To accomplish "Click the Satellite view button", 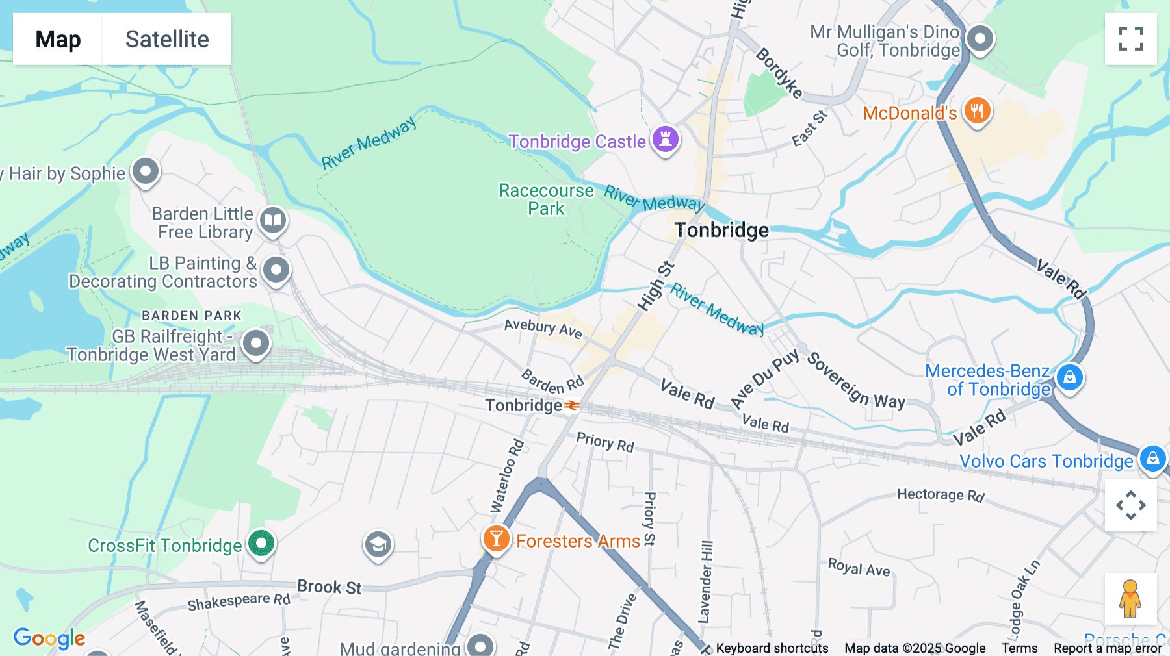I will (x=167, y=39).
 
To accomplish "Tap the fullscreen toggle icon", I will (x=1130, y=39).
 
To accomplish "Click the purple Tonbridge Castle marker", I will (x=666, y=139).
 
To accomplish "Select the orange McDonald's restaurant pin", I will (x=977, y=111).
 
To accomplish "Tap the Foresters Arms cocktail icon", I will (x=496, y=539).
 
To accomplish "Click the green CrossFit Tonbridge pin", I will (x=261, y=544).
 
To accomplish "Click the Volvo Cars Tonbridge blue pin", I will (x=1152, y=459).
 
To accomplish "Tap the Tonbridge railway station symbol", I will (x=571, y=406).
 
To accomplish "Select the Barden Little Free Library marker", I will (x=273, y=220).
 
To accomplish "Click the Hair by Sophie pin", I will (x=146, y=172).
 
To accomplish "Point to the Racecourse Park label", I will (x=546, y=199).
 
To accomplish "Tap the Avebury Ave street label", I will (x=543, y=328).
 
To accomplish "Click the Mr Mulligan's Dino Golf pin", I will (x=980, y=39).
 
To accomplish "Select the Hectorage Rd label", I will (x=941, y=495).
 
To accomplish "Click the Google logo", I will (x=49, y=638).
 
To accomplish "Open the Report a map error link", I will (x=1108, y=648).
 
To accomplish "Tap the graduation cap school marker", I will (x=378, y=544).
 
